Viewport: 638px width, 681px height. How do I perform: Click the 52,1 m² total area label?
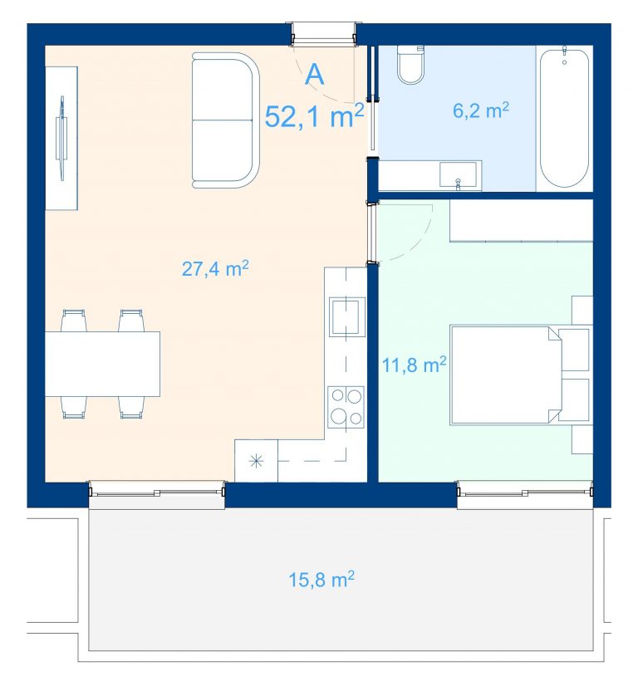click(x=315, y=116)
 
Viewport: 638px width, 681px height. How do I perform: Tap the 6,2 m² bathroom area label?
click(x=481, y=110)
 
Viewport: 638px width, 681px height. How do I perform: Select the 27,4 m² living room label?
click(x=215, y=268)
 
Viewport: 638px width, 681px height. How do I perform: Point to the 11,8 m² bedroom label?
click(x=414, y=365)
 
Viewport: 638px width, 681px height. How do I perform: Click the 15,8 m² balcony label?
click(x=321, y=580)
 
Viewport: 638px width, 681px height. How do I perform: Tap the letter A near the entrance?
click(x=315, y=75)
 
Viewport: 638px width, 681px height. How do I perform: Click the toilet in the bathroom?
click(x=411, y=65)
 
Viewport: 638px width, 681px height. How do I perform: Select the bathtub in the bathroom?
click(x=564, y=119)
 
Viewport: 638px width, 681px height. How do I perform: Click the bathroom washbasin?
click(x=459, y=174)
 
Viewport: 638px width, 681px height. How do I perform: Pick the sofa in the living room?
click(x=226, y=120)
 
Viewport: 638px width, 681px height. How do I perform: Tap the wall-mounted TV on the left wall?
click(x=62, y=138)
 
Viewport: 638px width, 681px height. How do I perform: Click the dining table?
click(x=102, y=364)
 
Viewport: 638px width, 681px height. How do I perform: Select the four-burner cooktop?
click(x=346, y=407)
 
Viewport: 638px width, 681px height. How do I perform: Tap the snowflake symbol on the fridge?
click(x=257, y=461)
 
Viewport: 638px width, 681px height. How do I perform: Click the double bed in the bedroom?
click(x=507, y=375)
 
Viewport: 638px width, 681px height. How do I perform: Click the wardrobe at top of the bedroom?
click(x=521, y=220)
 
